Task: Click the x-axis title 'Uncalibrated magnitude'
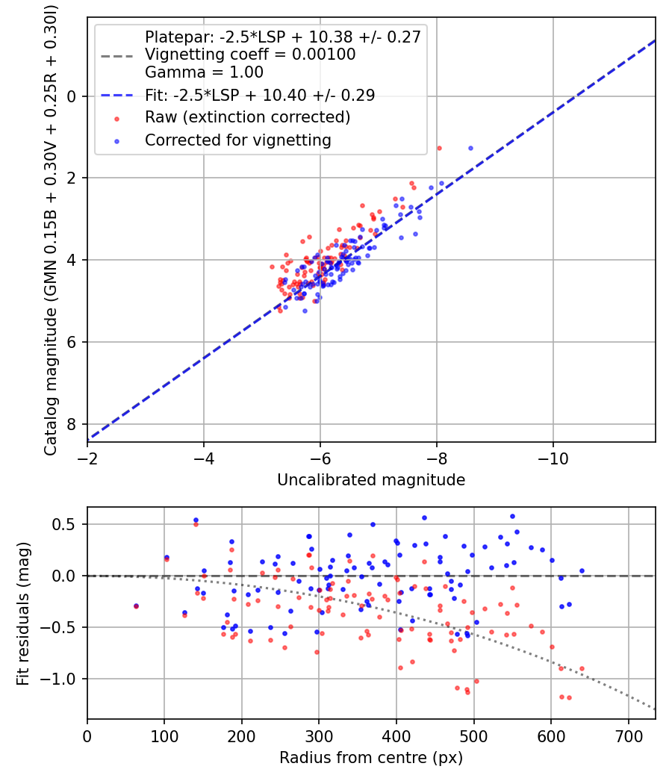371,480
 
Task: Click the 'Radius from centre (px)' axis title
371,757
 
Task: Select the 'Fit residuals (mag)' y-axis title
23,613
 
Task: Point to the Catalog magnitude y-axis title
50,229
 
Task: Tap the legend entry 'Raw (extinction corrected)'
247,117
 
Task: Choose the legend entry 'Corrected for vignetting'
237,140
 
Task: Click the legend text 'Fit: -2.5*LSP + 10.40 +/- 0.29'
260,95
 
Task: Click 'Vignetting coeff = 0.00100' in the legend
250,55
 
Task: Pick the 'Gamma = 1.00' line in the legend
204,73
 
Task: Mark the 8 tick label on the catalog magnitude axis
72,424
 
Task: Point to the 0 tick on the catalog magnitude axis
72,96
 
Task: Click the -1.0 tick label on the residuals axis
63,679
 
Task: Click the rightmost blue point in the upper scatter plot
470,148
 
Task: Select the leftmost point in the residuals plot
136,606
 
